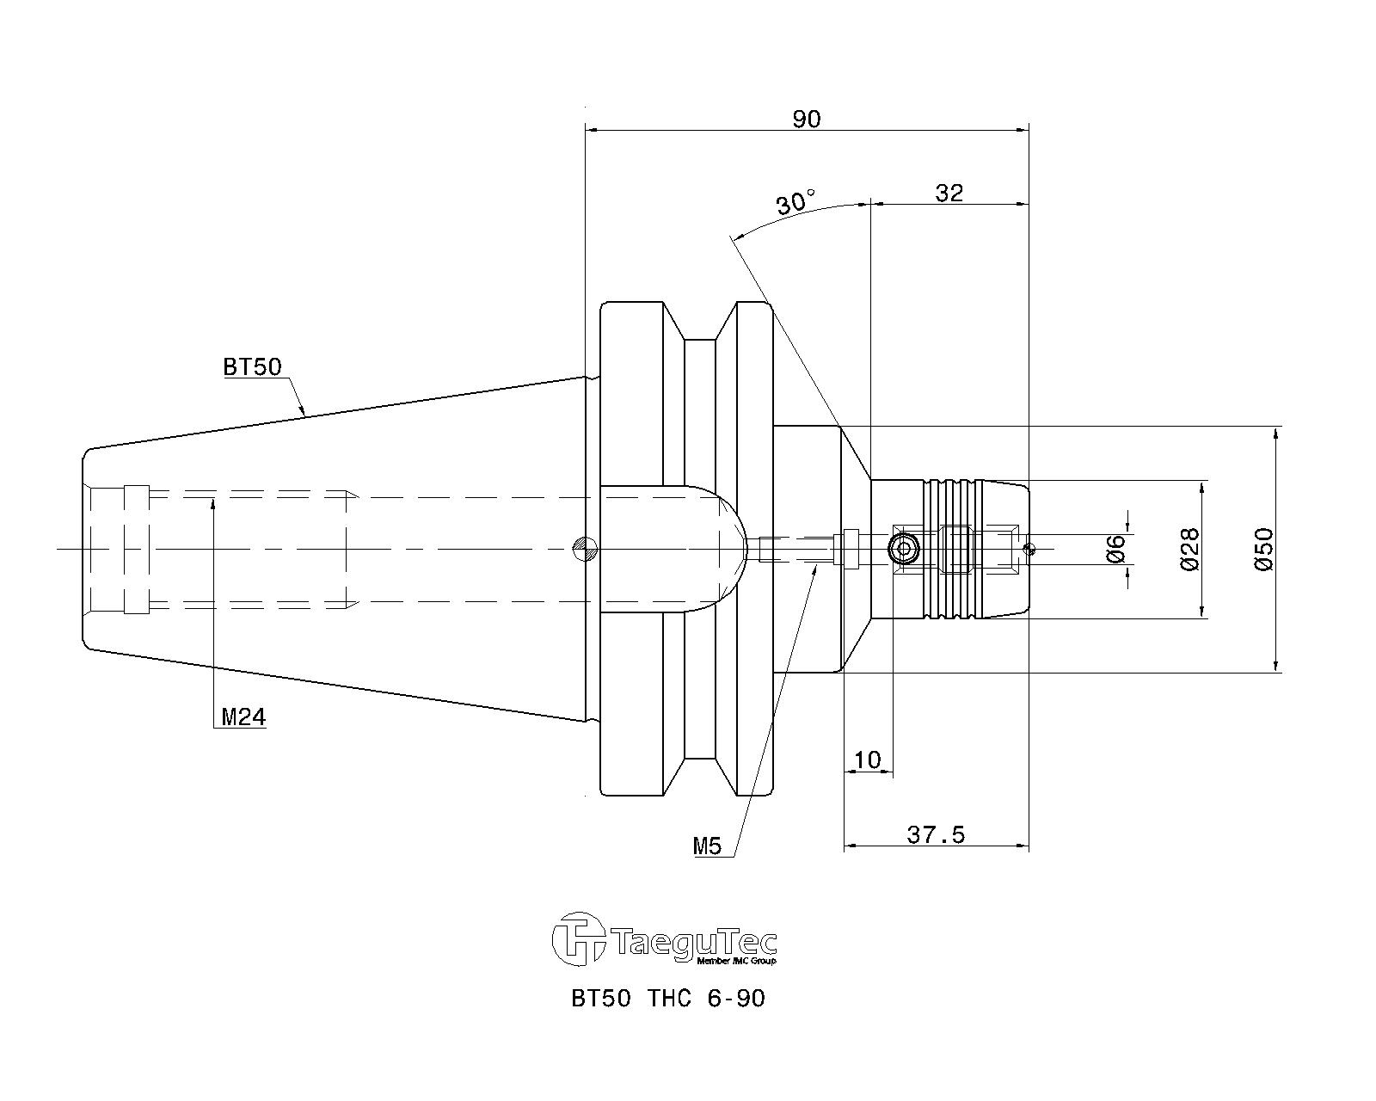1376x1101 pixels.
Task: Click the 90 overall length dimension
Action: pyautogui.click(x=807, y=119)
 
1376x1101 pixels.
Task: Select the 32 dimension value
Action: pyautogui.click(x=949, y=192)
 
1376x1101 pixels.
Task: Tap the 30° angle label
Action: pyautogui.click(x=796, y=202)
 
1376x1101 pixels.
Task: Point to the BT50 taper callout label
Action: pyautogui.click(x=252, y=367)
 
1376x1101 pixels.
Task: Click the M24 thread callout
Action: pyautogui.click(x=243, y=717)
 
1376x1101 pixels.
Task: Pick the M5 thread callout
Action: pyautogui.click(x=707, y=846)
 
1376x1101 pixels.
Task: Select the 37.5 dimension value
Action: pyautogui.click(x=936, y=834)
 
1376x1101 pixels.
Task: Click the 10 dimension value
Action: pyautogui.click(x=868, y=760)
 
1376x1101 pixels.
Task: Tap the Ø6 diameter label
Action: pyautogui.click(x=1115, y=549)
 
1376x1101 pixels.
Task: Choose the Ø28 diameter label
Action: pyautogui.click(x=1190, y=549)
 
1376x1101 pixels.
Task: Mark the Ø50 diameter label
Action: pyautogui.click(x=1264, y=549)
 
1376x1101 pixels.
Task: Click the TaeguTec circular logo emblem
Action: pyautogui.click(x=579, y=938)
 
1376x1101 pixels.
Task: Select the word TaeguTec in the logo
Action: pyautogui.click(x=694, y=943)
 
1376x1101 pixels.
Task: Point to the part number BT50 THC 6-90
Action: pyautogui.click(x=667, y=999)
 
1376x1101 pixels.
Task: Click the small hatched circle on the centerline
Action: pyautogui.click(x=585, y=549)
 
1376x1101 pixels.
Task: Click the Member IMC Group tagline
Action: pyautogui.click(x=736, y=961)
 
